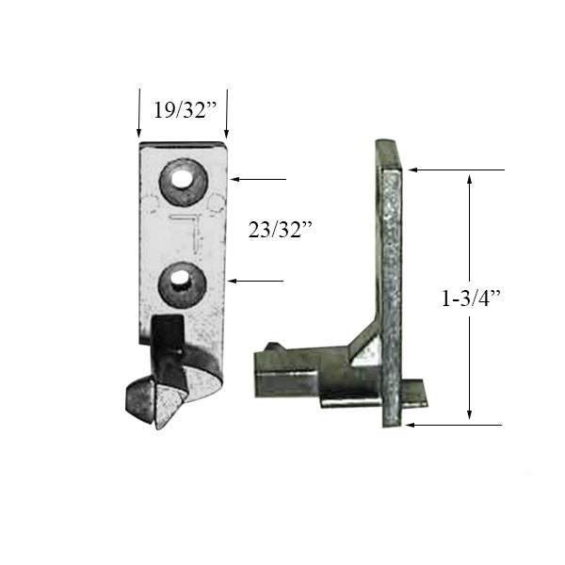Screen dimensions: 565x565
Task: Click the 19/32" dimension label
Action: click(x=185, y=107)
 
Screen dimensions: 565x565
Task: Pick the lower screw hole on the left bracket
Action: click(x=179, y=282)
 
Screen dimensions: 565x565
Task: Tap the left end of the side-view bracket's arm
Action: click(x=260, y=371)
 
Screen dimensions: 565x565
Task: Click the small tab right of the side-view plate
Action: click(x=415, y=393)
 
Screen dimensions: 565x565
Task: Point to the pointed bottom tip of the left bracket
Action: click(x=159, y=422)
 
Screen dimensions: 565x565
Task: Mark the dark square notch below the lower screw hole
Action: click(x=168, y=331)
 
